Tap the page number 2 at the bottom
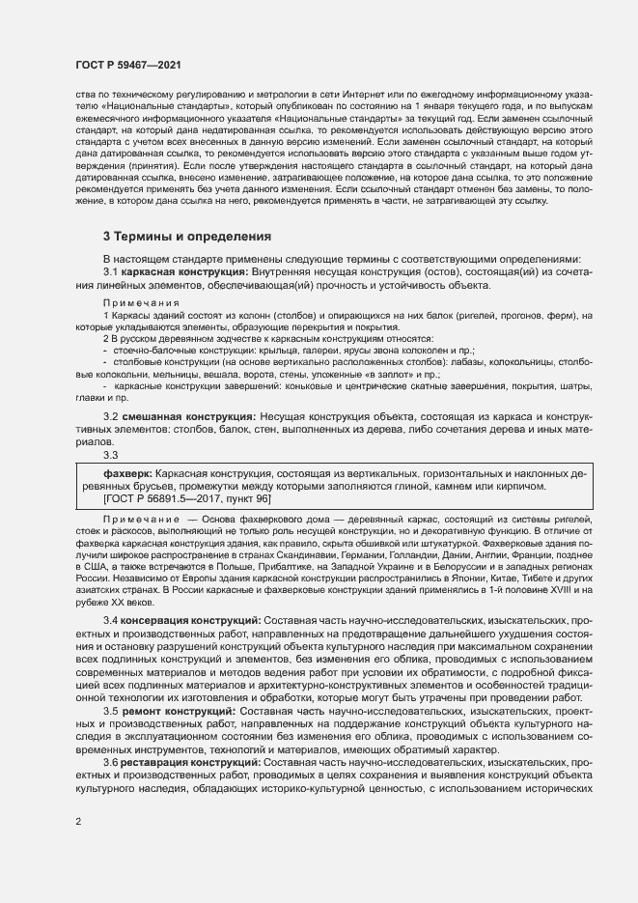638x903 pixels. click(77, 822)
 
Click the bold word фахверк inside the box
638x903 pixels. click(127, 475)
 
